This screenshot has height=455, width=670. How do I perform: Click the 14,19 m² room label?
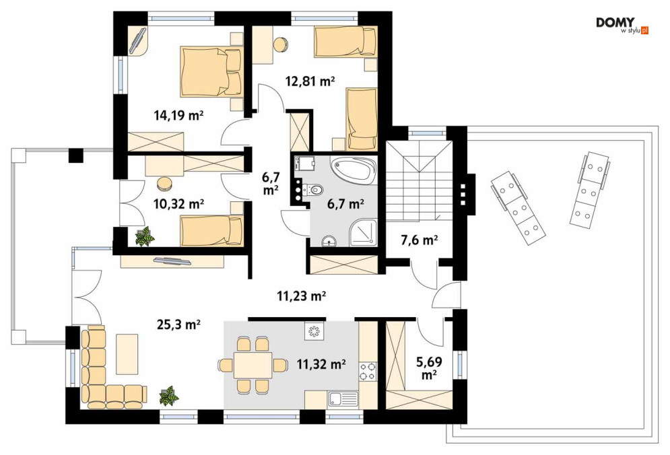tap(178, 115)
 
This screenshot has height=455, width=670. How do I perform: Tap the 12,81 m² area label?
tap(310, 81)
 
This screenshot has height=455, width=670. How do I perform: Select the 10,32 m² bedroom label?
tap(178, 204)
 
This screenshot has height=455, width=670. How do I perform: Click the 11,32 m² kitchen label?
tap(321, 364)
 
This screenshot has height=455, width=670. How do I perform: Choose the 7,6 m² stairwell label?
tap(420, 240)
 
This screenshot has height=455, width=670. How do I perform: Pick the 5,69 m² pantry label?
tap(429, 368)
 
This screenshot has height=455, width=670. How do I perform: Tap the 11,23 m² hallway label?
tap(302, 295)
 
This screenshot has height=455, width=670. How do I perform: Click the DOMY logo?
tap(622, 25)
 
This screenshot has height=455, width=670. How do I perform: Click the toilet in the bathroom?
tap(313, 189)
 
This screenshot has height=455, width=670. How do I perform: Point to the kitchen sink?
tap(343, 399)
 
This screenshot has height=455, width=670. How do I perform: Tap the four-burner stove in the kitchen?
tap(368, 371)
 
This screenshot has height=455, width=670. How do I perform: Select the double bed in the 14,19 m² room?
tap(211, 71)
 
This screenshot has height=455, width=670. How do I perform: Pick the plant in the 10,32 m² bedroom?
tap(144, 236)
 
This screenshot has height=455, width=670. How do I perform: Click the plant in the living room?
tap(169, 396)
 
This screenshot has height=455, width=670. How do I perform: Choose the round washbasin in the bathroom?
tap(329, 242)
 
